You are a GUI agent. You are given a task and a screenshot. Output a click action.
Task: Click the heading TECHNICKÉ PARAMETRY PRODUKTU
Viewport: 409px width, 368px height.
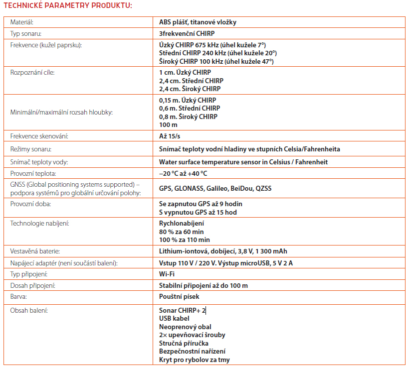pos(67,6)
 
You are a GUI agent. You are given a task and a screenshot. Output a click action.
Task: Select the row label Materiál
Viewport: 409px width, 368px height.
pos(22,22)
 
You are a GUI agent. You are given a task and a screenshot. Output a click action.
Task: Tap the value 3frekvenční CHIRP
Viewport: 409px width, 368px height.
pos(186,34)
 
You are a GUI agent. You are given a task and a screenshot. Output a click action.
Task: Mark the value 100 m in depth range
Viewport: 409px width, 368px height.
pos(168,124)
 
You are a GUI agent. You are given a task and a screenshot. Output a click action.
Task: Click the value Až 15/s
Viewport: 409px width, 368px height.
pos(170,136)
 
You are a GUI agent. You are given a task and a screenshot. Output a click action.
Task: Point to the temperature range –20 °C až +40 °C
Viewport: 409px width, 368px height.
pos(183,173)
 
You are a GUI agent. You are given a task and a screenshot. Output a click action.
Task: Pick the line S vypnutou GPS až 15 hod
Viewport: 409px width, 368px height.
pos(198,212)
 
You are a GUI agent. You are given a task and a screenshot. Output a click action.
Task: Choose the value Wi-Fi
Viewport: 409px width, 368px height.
pos(167,274)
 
